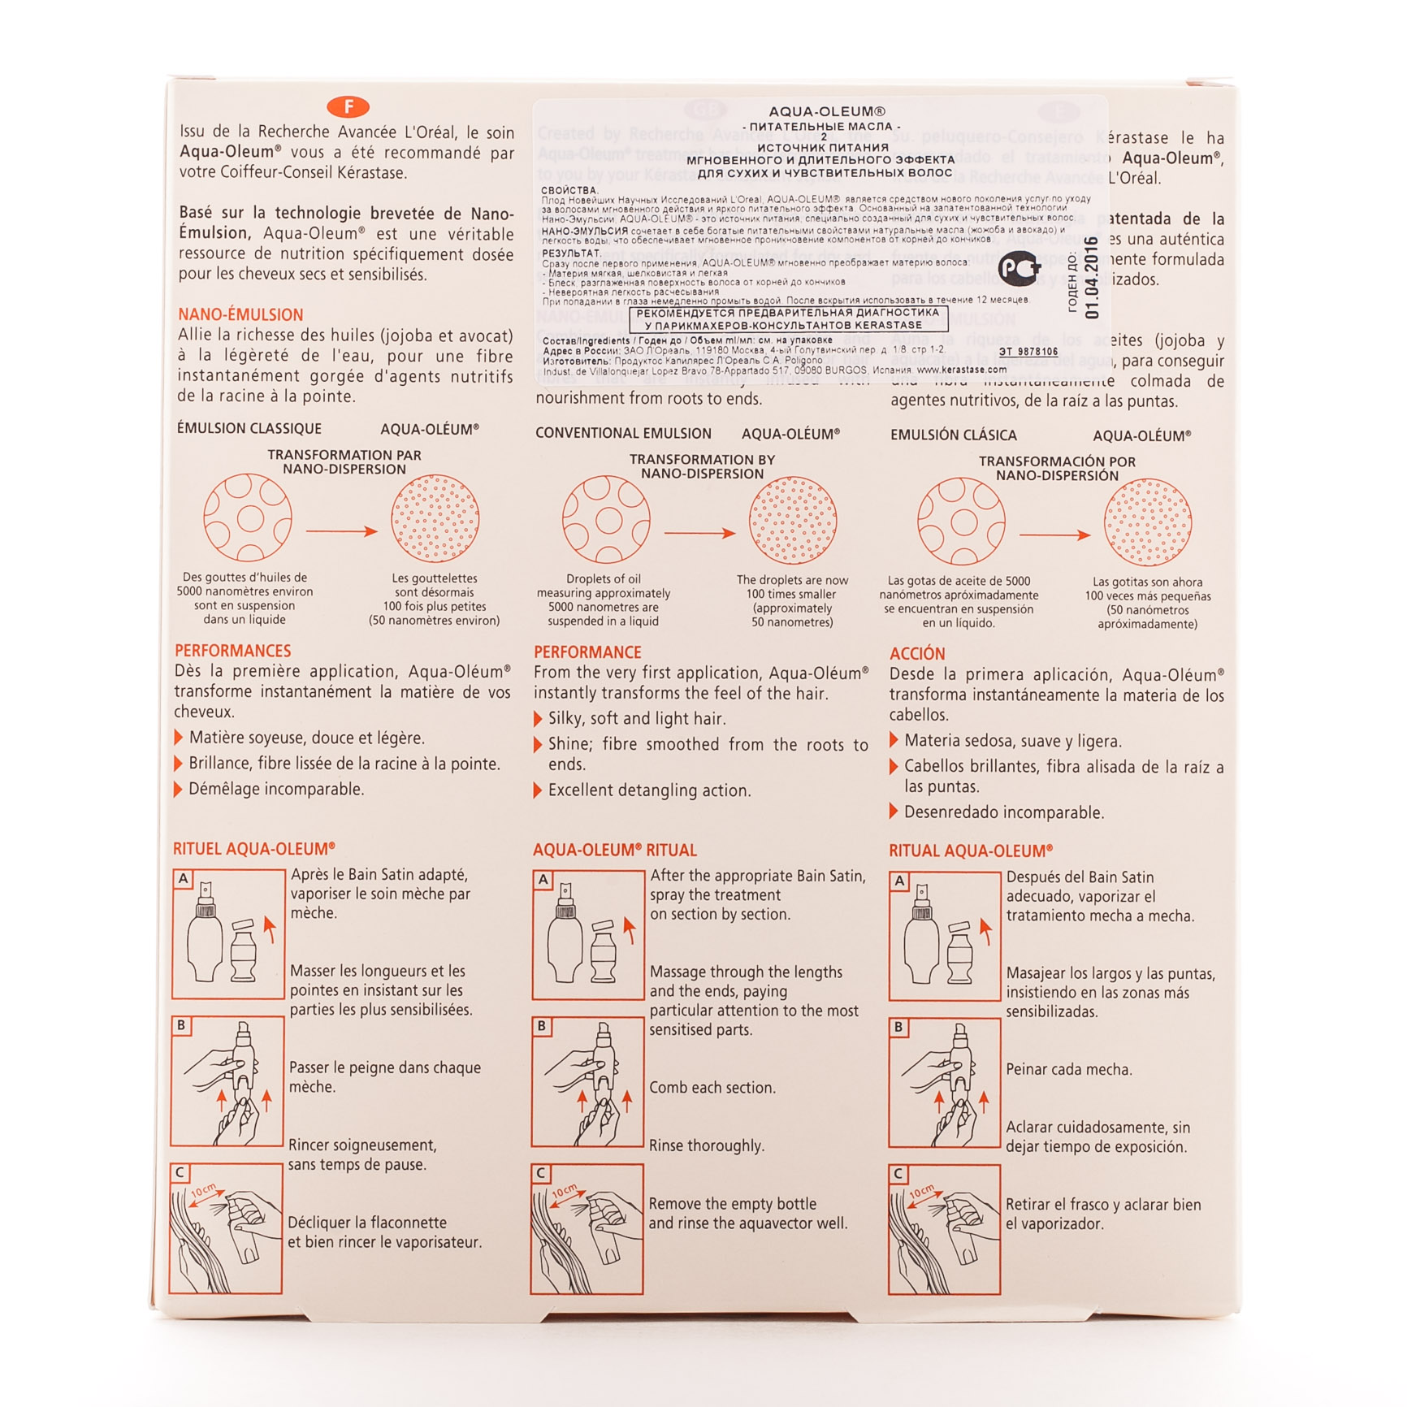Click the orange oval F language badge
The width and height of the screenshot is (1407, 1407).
click(348, 106)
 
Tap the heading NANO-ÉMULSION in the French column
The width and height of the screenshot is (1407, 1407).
click(240, 314)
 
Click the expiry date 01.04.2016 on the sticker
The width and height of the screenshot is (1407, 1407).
click(1092, 278)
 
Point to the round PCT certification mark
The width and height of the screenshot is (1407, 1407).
click(1019, 268)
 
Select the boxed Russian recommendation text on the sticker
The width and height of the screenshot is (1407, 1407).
click(787, 318)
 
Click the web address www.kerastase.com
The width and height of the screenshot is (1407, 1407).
click(961, 370)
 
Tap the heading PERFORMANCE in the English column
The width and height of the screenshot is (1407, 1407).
click(587, 652)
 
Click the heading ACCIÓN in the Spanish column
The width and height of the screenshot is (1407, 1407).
click(917, 654)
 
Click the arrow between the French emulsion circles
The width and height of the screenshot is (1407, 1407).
click(341, 531)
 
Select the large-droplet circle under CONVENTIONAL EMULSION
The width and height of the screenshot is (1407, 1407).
click(606, 520)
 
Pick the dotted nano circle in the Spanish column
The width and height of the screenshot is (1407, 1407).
click(1147, 522)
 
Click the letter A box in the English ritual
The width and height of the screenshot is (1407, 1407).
click(543, 880)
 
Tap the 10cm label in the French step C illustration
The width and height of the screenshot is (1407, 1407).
click(203, 1191)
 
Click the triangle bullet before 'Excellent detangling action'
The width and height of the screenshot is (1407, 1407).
click(538, 790)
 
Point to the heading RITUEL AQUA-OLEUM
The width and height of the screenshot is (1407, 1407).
click(253, 849)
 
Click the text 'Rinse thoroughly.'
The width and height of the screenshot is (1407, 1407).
click(706, 1145)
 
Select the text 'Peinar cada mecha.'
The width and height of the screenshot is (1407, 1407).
click(1068, 1069)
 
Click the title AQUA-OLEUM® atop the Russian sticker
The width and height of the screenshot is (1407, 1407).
click(826, 111)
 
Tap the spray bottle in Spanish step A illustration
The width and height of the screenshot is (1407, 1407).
click(920, 934)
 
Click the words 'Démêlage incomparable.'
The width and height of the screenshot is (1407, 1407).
click(276, 789)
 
